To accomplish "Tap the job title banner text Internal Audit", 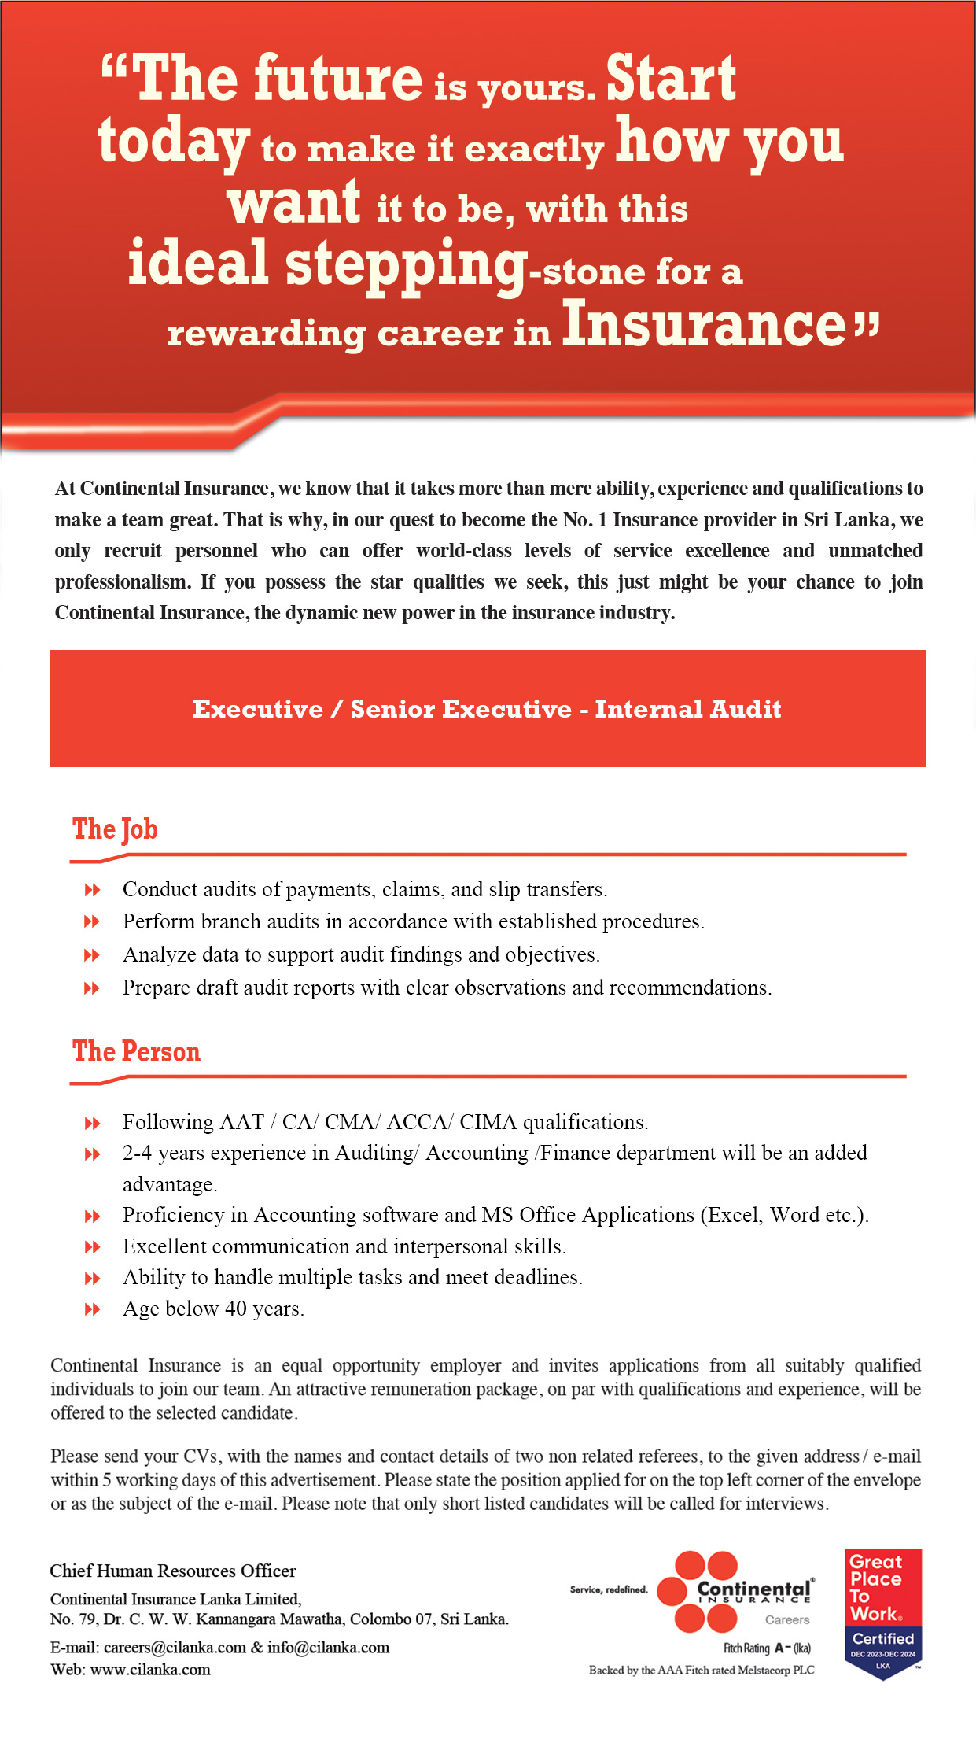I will coord(687,709).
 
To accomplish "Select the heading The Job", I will coord(115,829).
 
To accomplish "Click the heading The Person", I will coord(136,1052).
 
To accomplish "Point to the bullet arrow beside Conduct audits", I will coord(92,890).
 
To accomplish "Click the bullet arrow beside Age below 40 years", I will coord(92,1309).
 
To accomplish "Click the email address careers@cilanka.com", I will coord(175,1648).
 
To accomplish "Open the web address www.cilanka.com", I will coord(150,1670).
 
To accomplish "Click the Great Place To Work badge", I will coord(882,1614).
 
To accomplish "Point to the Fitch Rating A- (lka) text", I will coord(767,1648).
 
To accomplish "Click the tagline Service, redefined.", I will coord(609,1589).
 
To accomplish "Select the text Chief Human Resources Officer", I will coord(173,1571).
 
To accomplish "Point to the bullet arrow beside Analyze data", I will coord(92,955).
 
